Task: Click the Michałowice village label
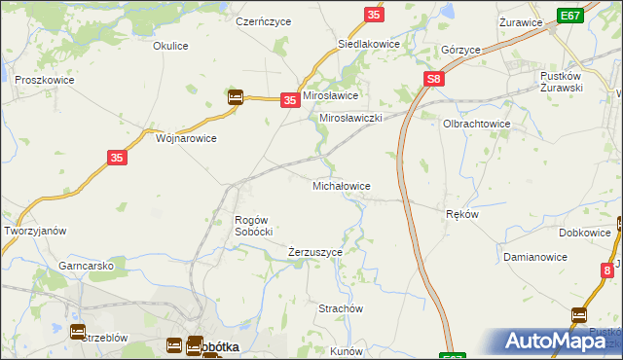(x=340, y=185)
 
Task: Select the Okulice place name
(x=170, y=45)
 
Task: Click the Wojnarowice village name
(x=186, y=138)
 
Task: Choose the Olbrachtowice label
(x=477, y=125)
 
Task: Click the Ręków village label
(x=461, y=214)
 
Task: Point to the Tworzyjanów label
(x=35, y=231)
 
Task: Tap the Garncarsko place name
(x=87, y=265)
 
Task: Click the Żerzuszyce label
(x=315, y=252)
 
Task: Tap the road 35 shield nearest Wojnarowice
(x=115, y=158)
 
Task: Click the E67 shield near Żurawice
(x=571, y=16)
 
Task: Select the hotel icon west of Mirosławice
(x=236, y=97)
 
